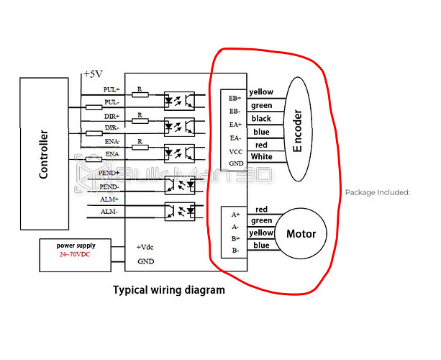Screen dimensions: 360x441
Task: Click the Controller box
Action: [44, 153]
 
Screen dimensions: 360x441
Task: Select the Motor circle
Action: [301, 234]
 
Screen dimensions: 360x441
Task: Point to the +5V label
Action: [93, 74]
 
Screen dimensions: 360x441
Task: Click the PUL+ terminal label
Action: [112, 90]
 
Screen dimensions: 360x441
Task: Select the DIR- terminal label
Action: [112, 127]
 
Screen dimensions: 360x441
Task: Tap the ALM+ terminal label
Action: [109, 199]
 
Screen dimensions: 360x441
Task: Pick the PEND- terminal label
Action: [109, 186]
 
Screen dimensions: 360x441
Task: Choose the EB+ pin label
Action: [235, 98]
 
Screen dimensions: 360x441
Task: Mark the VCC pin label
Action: [235, 151]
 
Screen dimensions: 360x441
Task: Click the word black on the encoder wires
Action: [260, 118]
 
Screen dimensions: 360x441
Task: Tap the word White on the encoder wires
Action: [261, 157]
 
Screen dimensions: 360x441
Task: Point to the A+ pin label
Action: [235, 215]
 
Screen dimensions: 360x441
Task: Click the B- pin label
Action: [235, 250]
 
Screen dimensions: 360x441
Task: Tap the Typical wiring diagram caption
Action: [169, 290]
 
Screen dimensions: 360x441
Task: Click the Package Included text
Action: [377, 192]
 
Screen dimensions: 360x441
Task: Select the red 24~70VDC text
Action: [76, 255]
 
